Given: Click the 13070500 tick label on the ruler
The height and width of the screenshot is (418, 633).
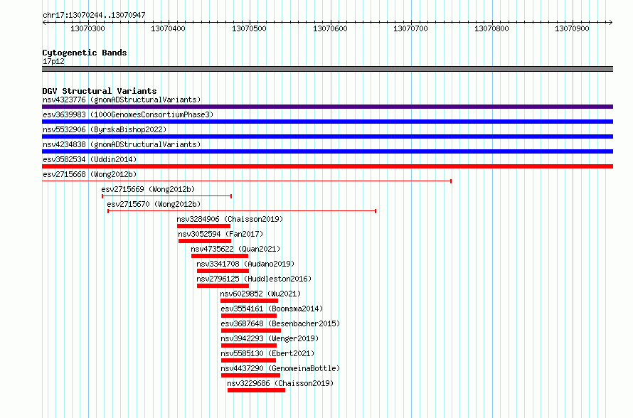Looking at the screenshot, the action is tap(249, 28).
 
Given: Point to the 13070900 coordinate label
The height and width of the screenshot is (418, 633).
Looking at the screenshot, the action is tap(572, 28).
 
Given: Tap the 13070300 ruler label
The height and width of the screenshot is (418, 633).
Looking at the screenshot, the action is tap(87, 28).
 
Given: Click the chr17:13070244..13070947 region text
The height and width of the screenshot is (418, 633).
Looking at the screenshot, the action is tap(94, 16).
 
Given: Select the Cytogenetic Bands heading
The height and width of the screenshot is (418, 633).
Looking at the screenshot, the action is tap(85, 53).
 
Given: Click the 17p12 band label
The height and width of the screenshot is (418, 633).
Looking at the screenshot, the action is tap(53, 61).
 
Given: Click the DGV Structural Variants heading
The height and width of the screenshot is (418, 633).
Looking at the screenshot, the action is tap(100, 91).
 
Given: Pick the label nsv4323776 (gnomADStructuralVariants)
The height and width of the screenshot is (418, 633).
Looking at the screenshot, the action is tap(122, 100).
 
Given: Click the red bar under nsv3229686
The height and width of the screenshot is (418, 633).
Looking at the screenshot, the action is tap(256, 390).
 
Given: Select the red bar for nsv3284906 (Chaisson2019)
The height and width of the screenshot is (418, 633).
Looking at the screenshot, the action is tap(203, 226).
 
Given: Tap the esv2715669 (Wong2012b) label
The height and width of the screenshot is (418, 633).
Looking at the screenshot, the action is tap(148, 189).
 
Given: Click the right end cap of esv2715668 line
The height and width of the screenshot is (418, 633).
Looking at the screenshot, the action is tap(451, 181).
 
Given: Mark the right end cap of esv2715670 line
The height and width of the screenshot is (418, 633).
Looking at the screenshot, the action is tap(376, 211).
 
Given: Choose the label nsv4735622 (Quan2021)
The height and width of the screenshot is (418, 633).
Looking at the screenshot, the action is tap(235, 249).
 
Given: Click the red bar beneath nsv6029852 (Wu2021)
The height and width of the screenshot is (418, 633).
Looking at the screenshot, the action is tap(249, 301).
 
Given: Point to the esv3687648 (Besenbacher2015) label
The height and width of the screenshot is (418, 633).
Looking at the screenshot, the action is tap(280, 323).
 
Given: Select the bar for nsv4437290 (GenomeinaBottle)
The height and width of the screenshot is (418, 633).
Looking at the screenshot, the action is tap(250, 375).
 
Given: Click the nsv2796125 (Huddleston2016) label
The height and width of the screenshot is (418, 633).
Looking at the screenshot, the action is tap(254, 279).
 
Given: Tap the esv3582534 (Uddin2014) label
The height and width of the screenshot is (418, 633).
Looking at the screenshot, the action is tap(90, 159).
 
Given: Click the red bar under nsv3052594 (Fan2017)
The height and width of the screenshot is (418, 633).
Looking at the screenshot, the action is tap(205, 241).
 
